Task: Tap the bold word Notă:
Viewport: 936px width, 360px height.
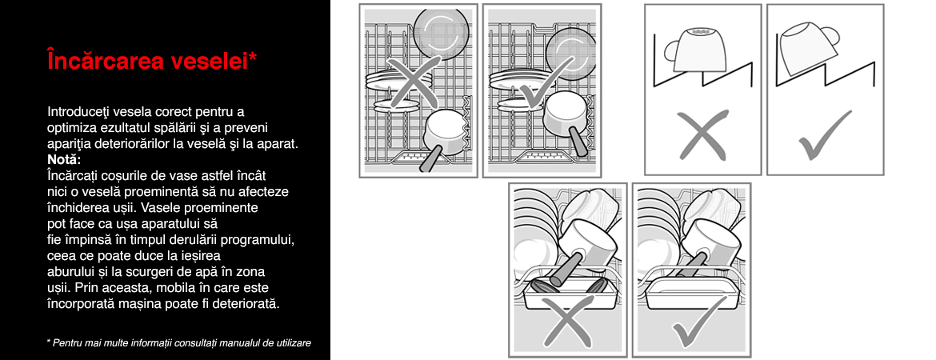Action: coord(63,160)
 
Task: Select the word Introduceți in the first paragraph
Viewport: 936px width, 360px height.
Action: coord(77,112)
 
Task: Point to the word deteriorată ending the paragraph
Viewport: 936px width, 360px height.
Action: coord(250,303)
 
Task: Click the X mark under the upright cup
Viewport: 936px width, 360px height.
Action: coord(702,135)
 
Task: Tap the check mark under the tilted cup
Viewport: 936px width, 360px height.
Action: coord(824,135)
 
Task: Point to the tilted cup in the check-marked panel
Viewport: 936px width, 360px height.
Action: coord(806,47)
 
